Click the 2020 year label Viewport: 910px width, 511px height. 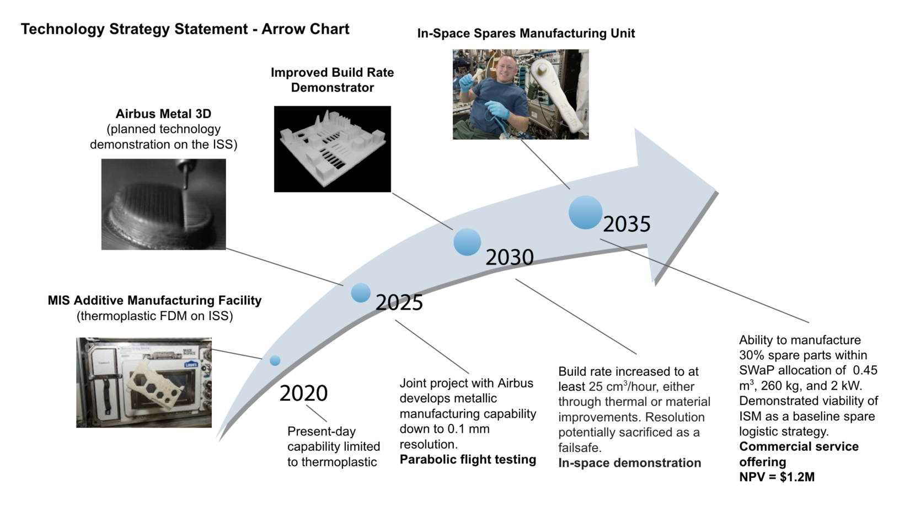point(303,393)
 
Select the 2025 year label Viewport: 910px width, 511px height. point(399,302)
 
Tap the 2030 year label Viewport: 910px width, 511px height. point(510,257)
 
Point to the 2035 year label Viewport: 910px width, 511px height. point(627,224)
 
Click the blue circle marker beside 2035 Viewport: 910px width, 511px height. point(585,212)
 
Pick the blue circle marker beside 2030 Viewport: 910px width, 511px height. point(467,242)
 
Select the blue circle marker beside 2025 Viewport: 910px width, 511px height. point(361,292)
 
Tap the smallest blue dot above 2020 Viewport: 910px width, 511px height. point(275,360)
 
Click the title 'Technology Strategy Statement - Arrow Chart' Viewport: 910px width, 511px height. point(185,29)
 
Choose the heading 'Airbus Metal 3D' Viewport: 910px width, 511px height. point(163,114)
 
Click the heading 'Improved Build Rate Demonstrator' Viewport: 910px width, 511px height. point(333,79)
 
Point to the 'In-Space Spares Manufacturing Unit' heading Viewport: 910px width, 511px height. point(526,33)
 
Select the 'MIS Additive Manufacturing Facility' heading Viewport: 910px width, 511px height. point(154,300)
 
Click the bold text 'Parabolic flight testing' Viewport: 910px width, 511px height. point(468,459)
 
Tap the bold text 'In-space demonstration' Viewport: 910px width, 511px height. point(630,463)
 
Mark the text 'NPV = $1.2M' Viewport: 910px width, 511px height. point(777,477)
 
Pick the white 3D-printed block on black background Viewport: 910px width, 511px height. point(333,149)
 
